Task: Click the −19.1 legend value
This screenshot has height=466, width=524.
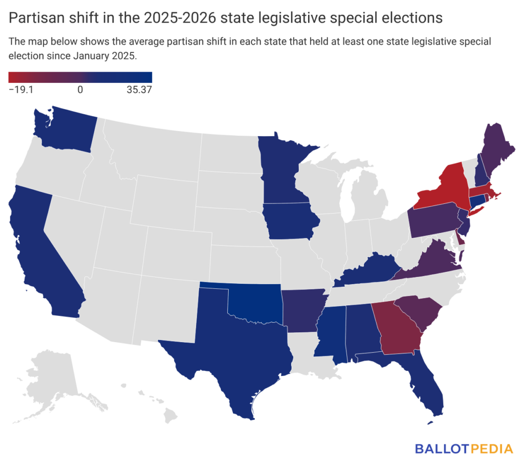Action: click(21, 90)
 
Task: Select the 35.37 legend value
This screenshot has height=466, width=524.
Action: click(140, 90)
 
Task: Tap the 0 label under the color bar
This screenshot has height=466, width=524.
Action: click(80, 90)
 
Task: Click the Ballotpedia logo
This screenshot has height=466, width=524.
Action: click(463, 449)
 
